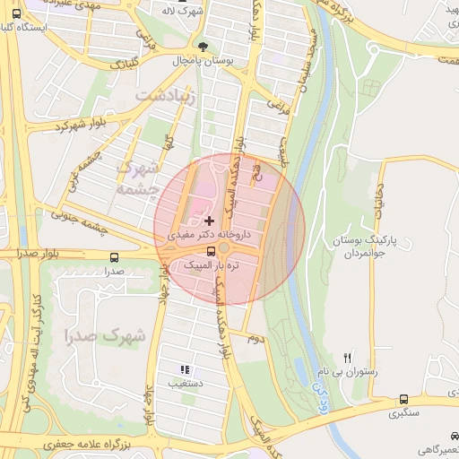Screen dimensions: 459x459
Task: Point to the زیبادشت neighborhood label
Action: pos(163,94)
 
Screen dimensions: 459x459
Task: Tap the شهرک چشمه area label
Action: pos(139,178)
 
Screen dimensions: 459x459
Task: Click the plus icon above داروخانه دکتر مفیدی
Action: pos(210,221)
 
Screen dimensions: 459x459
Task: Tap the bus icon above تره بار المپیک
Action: pos(211,251)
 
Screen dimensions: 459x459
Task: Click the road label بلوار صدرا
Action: pos(38,255)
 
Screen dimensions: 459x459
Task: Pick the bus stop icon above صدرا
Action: pos(112,256)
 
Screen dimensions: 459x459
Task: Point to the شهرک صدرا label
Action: pos(105,336)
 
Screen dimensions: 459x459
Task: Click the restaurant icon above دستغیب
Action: pos(185,368)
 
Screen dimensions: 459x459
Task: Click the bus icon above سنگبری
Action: pos(403,399)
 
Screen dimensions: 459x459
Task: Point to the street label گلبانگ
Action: pos(122,65)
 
